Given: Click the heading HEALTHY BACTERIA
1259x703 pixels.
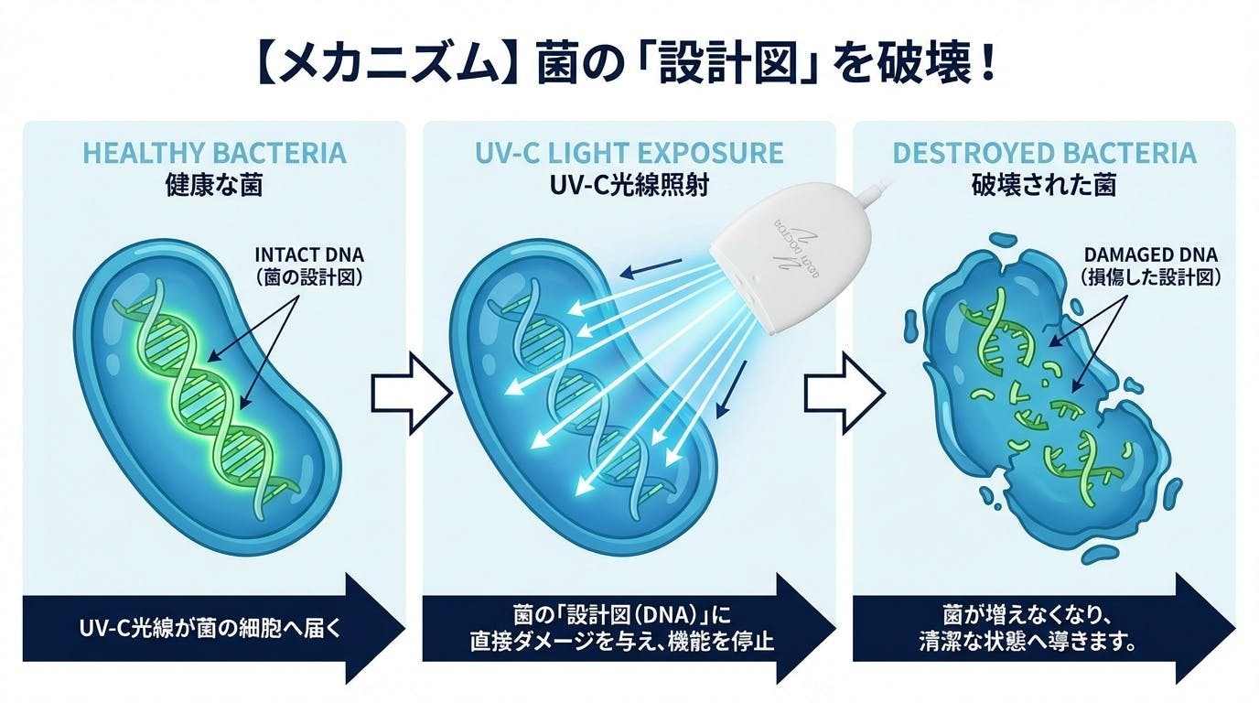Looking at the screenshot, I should pos(214,152).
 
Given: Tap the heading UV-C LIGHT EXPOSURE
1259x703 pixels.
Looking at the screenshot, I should pos(629,152).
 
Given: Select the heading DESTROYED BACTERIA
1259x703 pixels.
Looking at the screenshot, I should pos(1044,152).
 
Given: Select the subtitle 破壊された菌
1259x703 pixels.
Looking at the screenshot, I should pos(1044,186).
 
